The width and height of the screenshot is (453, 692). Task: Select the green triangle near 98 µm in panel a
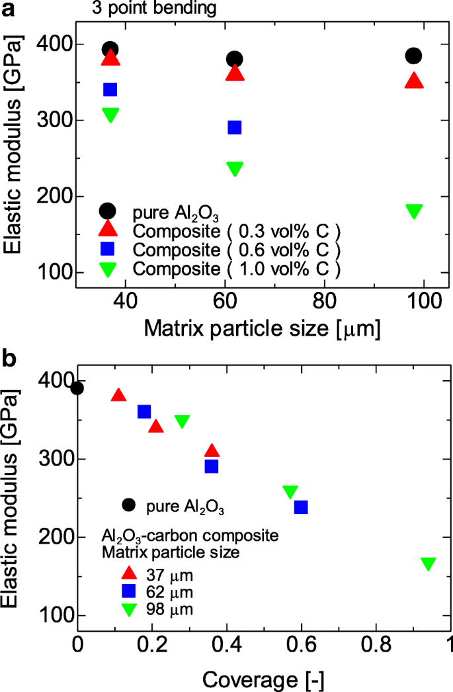tap(414, 211)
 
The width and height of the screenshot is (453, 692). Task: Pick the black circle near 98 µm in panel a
tap(414, 56)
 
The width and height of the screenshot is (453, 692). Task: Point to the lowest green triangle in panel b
tap(428, 564)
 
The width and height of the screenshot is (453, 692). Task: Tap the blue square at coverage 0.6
tap(301, 507)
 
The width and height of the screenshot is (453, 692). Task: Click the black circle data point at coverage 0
tap(77, 388)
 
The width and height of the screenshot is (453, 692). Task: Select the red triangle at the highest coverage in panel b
tap(212, 452)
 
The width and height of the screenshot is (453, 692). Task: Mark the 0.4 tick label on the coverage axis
tap(227, 644)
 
